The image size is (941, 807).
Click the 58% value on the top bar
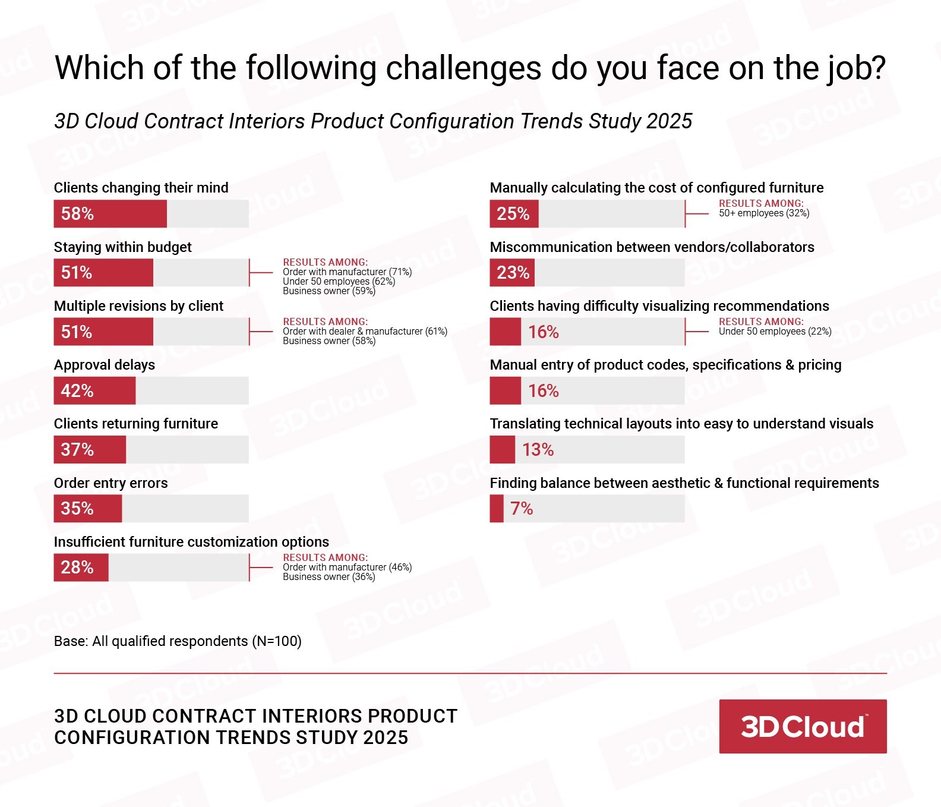(x=77, y=214)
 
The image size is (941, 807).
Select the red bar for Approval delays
(x=95, y=391)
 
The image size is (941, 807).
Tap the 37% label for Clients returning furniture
(x=77, y=450)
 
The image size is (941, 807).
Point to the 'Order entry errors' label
(x=110, y=483)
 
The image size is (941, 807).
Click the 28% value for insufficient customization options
(x=77, y=568)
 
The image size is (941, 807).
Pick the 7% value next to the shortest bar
(x=522, y=509)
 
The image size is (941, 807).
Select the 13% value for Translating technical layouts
(x=538, y=450)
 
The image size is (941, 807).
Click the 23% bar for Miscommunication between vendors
(x=512, y=273)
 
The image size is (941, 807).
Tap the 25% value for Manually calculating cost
(x=513, y=214)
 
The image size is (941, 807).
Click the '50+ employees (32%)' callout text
(x=764, y=213)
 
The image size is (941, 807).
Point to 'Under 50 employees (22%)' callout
(x=775, y=332)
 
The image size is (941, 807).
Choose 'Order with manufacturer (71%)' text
(x=347, y=272)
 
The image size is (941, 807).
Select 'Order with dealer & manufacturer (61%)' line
(x=365, y=332)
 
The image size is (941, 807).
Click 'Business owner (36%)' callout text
(x=329, y=577)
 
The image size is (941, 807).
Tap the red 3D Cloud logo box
(x=803, y=726)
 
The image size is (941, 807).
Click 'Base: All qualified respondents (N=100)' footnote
(x=178, y=641)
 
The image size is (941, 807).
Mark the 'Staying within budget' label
(x=122, y=247)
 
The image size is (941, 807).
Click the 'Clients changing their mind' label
(x=141, y=188)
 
